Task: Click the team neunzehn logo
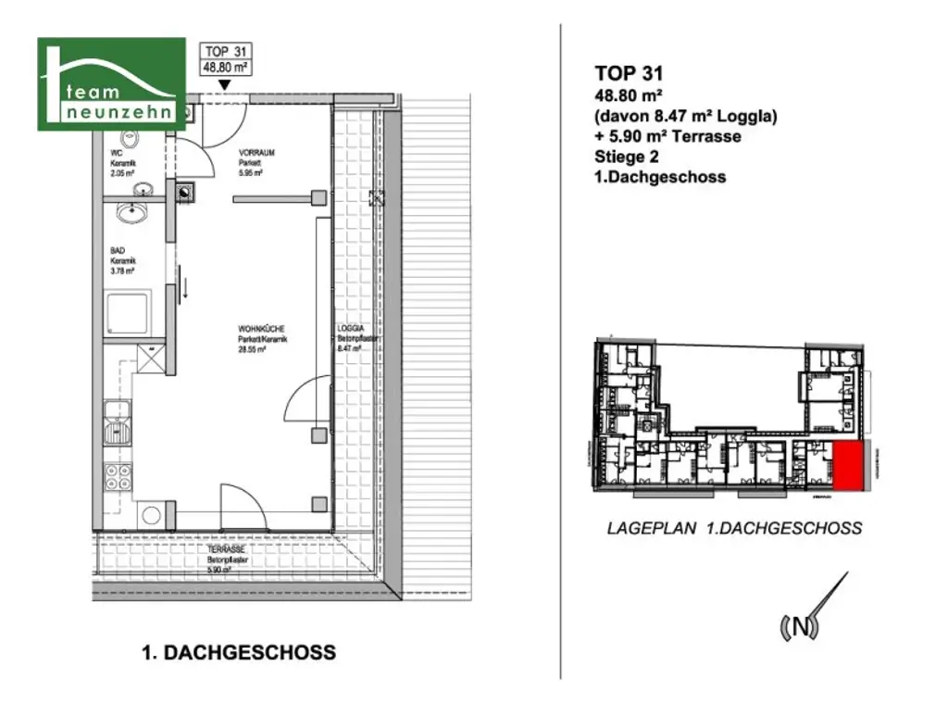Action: (x=110, y=84)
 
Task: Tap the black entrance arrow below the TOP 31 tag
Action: (x=224, y=85)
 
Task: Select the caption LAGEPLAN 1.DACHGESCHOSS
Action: (x=734, y=529)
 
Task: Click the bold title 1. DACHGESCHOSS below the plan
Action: (x=238, y=653)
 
